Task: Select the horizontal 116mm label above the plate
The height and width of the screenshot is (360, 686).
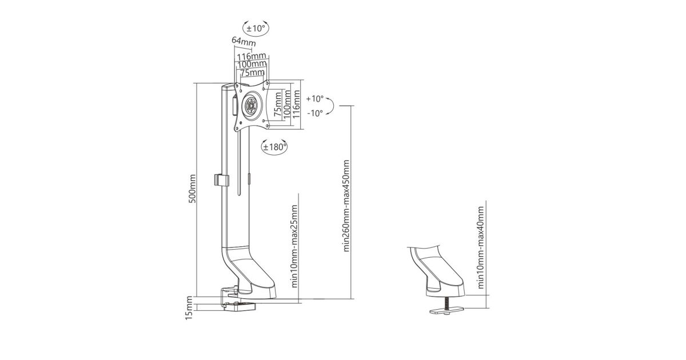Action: (x=252, y=57)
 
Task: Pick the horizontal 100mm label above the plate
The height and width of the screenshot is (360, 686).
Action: (x=252, y=65)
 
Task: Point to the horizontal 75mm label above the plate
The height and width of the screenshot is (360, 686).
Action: (x=252, y=73)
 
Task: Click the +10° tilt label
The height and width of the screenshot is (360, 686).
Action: (x=314, y=98)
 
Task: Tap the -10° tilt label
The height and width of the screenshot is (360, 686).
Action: (x=314, y=113)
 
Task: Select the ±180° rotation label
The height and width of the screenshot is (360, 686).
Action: (x=274, y=147)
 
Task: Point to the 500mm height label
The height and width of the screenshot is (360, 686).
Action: (x=193, y=189)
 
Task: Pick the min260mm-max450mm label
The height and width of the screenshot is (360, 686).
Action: (x=346, y=206)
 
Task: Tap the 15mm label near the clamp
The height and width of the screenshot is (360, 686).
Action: (x=189, y=308)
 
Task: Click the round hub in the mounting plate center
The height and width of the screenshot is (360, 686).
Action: (x=251, y=105)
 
